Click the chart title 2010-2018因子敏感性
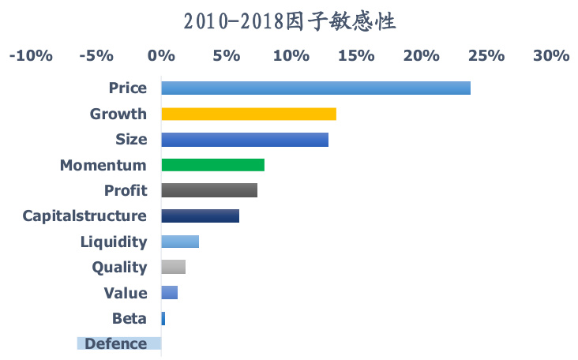click(x=289, y=21)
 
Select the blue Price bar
click(x=316, y=88)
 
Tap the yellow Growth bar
click(x=249, y=114)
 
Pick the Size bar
click(x=245, y=140)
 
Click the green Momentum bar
click(x=212, y=165)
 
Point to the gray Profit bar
click(x=209, y=190)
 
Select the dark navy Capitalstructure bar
click(x=200, y=216)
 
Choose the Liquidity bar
click(x=180, y=242)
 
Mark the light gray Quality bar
click(x=173, y=267)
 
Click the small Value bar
click(x=169, y=293)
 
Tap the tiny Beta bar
click(x=163, y=318)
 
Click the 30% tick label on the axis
click(x=551, y=56)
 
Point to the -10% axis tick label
click(x=31, y=56)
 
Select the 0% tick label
click(x=161, y=56)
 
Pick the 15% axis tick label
click(x=356, y=56)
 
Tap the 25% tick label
click(x=486, y=56)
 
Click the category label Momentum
click(x=103, y=165)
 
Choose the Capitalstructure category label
click(x=84, y=216)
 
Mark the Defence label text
click(x=115, y=343)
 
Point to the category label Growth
click(x=118, y=114)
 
